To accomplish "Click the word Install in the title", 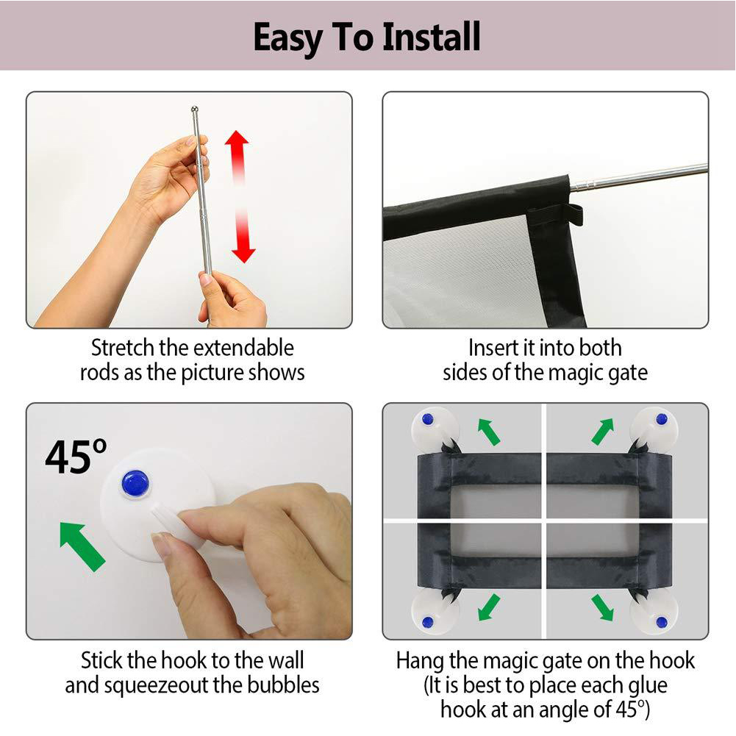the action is (432, 37).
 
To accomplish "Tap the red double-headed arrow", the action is (240, 196).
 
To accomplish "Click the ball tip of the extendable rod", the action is (195, 110).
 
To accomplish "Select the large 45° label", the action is (76, 456).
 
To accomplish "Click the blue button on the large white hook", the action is (135, 482).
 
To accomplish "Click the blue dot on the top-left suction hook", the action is (427, 418).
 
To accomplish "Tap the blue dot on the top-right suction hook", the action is (661, 418).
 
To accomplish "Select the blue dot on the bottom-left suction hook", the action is (427, 623).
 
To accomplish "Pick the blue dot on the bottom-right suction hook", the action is (661, 623).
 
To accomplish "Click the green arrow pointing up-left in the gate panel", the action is (488, 432).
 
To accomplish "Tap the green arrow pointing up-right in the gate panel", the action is (603, 432).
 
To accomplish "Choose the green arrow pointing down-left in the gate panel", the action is (488, 607).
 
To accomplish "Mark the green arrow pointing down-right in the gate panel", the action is (603, 607).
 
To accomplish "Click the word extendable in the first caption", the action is (243, 349).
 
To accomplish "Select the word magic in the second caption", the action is (576, 374).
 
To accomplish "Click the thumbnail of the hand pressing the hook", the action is (189, 521).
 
